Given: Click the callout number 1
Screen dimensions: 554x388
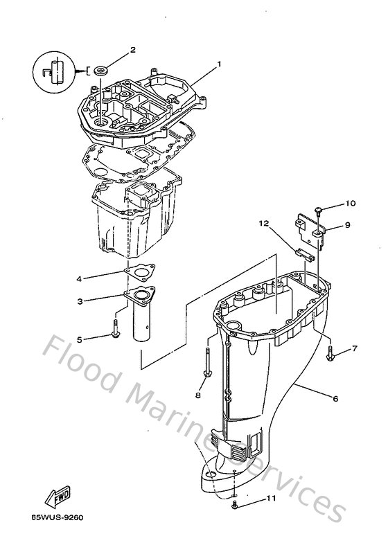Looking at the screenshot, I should pyautogui.click(x=218, y=64).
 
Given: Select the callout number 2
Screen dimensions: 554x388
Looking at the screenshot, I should pyautogui.click(x=132, y=50).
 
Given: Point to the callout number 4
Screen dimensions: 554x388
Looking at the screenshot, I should pyautogui.click(x=80, y=279).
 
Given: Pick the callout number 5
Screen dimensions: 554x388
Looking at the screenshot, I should pyautogui.click(x=79, y=339).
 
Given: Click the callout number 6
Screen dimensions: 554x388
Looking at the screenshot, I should pyautogui.click(x=335, y=398).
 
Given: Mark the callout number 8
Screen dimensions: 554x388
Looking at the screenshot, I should pyautogui.click(x=197, y=395).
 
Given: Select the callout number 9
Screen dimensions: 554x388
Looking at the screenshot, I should pyautogui.click(x=348, y=224).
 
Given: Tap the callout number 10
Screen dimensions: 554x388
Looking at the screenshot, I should pyautogui.click(x=351, y=204).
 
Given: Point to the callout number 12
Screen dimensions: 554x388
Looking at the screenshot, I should pyautogui.click(x=263, y=223).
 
